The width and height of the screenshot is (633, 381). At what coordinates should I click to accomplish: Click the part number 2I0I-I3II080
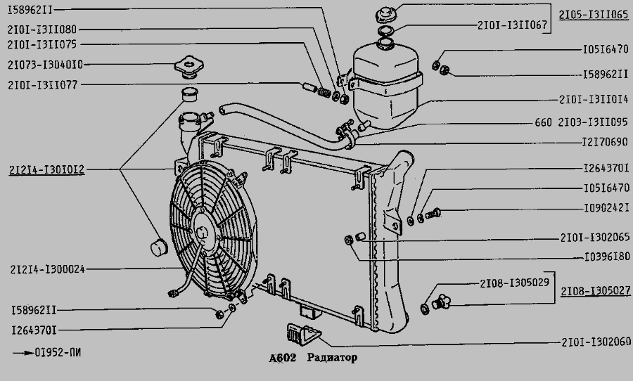click(x=43, y=30)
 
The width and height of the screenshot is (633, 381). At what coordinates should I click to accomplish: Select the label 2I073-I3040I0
click(x=46, y=64)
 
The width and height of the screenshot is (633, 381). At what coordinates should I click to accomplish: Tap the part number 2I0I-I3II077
click(x=43, y=84)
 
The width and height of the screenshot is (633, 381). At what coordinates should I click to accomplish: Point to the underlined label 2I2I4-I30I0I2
click(x=47, y=169)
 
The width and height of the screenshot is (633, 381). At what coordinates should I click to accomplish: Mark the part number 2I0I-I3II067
click(x=511, y=25)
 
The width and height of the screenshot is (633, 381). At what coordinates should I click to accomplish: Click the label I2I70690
click(x=606, y=142)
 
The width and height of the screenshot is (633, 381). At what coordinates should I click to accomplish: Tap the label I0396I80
click(x=606, y=257)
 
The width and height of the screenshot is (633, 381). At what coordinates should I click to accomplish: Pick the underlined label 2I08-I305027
click(x=594, y=290)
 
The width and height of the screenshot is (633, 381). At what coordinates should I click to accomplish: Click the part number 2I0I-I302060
click(x=594, y=343)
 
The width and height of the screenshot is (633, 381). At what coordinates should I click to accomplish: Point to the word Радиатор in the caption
click(x=332, y=358)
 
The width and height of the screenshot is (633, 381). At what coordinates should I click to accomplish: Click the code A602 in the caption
click(x=283, y=358)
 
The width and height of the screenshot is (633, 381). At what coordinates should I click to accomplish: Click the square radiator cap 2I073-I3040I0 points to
click(x=188, y=64)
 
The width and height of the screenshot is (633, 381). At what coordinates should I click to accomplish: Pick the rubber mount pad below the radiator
click(x=304, y=335)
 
